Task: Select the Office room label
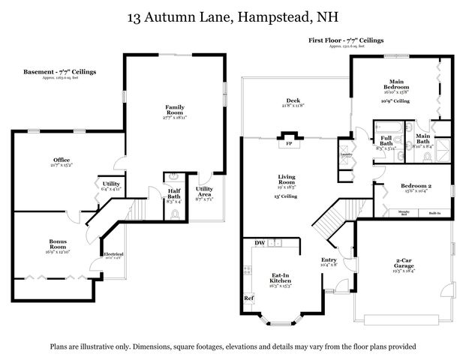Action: tap(62, 160)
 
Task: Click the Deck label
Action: tap(293, 102)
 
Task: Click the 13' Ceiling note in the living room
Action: tap(286, 196)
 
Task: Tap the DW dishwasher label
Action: tap(260, 243)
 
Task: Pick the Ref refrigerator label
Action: tap(248, 298)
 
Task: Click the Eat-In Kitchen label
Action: tap(281, 278)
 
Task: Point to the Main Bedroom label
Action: tap(398, 84)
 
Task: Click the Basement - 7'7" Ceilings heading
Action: tap(60, 72)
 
